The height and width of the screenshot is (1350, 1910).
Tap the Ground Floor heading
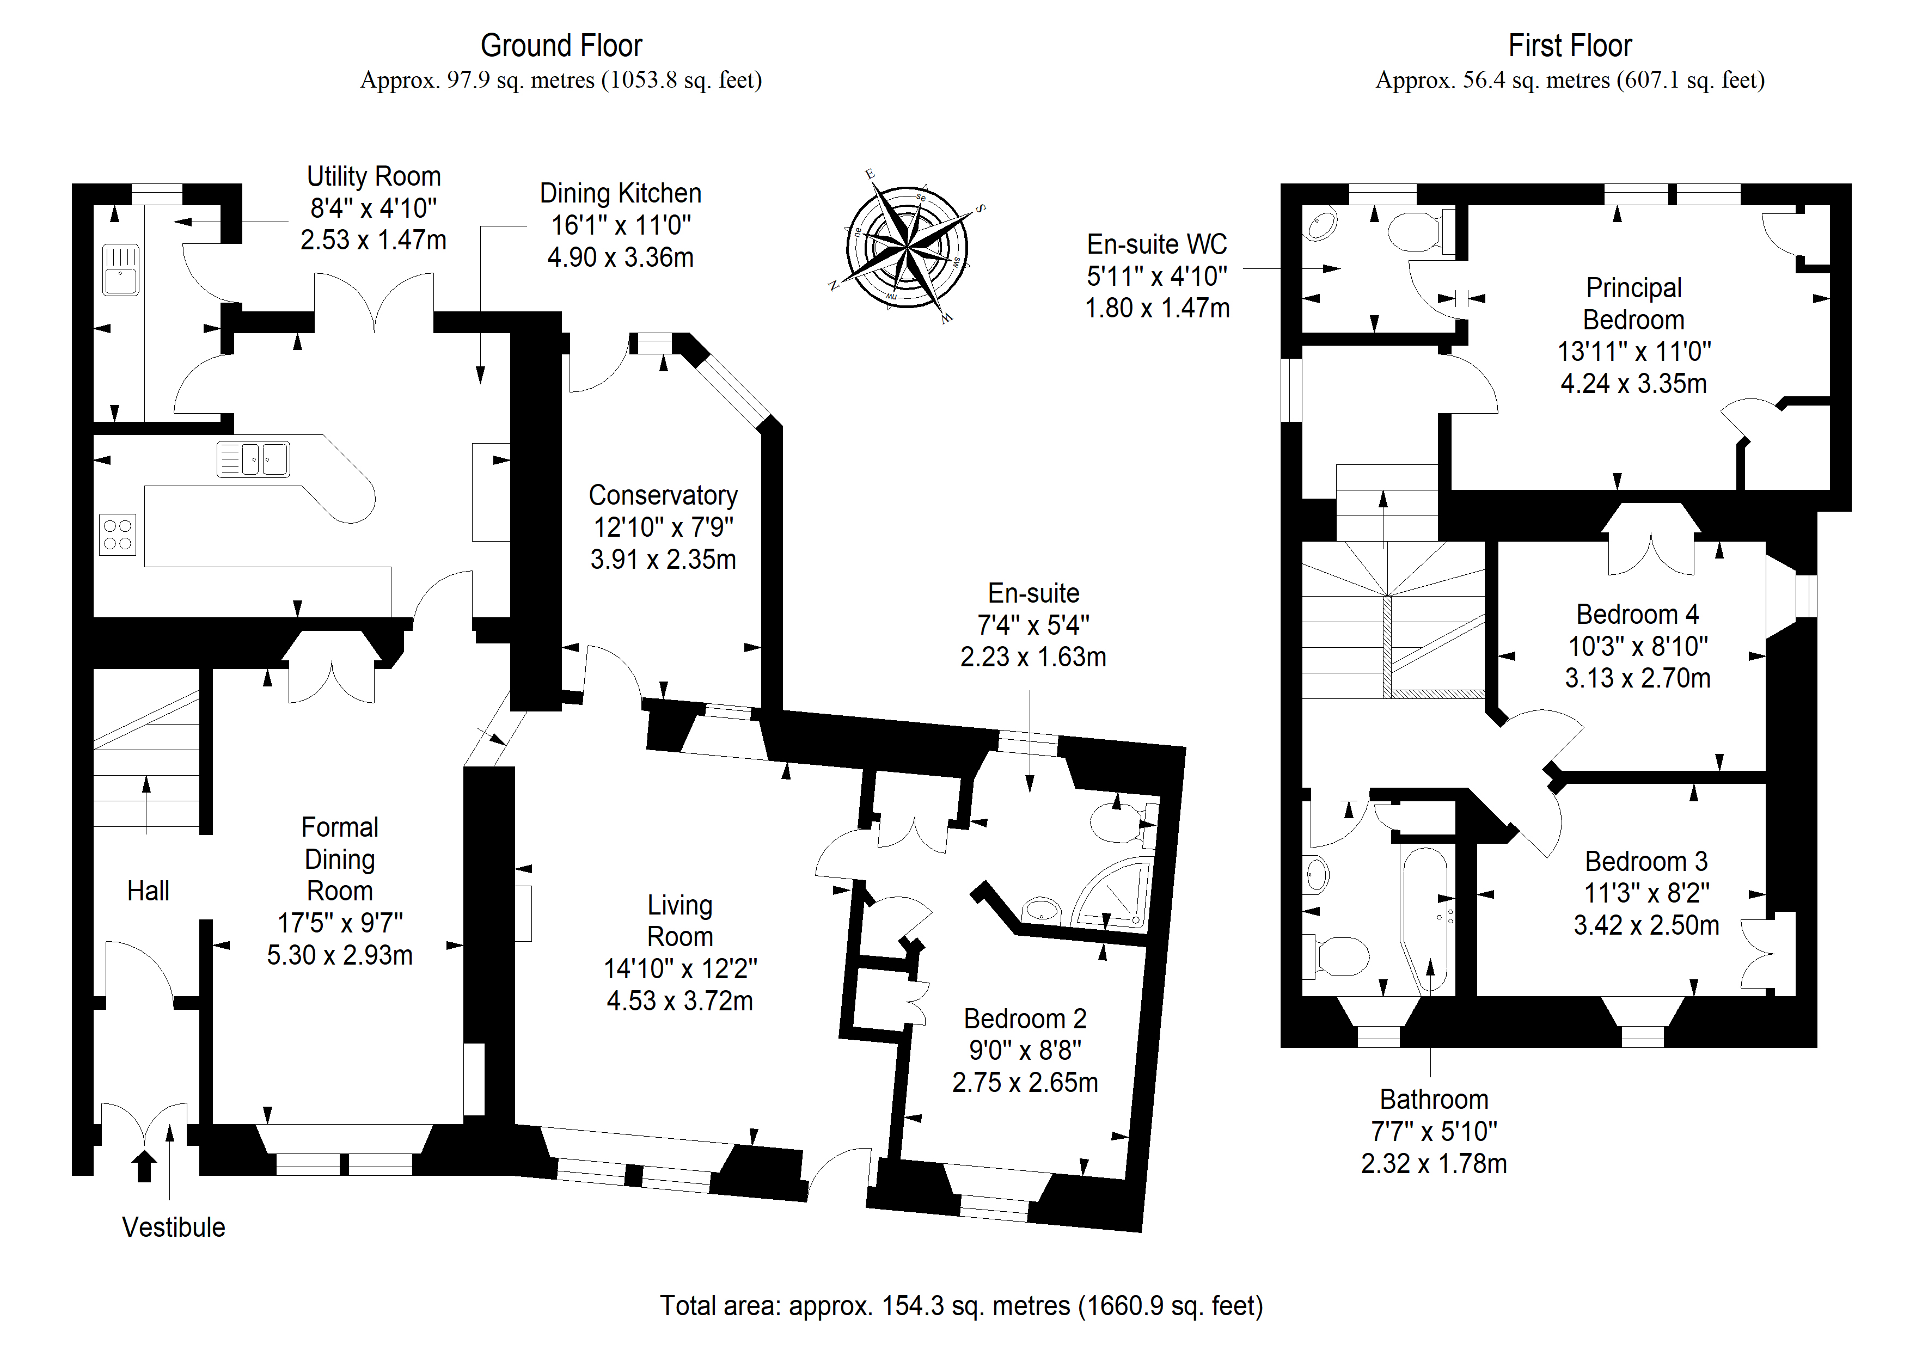coord(561,46)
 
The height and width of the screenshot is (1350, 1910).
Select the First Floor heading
coord(1570,46)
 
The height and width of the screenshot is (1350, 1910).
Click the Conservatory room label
coord(663,495)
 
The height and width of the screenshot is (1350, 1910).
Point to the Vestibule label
coord(173,1227)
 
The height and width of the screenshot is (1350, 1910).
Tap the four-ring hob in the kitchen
coord(117,534)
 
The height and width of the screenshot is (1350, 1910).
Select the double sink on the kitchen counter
coord(253,458)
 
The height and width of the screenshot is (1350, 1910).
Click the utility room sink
coord(121,269)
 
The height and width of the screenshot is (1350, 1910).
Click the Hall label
coord(148,891)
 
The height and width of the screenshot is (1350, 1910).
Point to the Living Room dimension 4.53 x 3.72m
coord(679,1001)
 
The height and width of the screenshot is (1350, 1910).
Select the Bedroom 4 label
coord(1637,614)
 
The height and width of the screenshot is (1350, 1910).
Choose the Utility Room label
coord(374,176)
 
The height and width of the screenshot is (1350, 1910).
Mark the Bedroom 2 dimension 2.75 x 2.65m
coord(1025,1082)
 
